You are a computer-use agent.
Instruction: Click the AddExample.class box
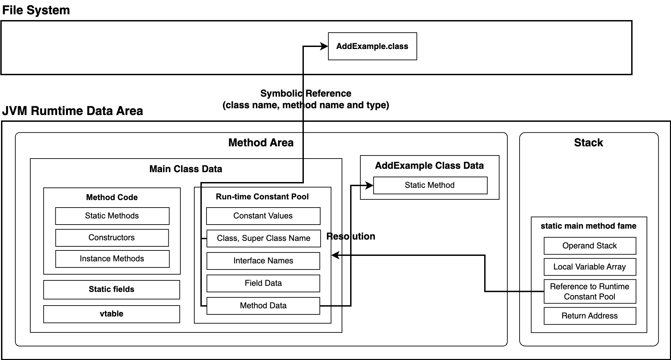pyautogui.click(x=372, y=46)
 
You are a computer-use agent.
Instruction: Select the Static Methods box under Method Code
pyautogui.click(x=112, y=216)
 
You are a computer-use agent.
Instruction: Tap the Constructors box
pyautogui.click(x=112, y=238)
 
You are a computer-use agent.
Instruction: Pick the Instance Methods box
pyautogui.click(x=112, y=259)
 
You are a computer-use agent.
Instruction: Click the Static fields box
pyautogui.click(x=112, y=290)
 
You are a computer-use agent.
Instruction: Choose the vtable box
pyautogui.click(x=112, y=314)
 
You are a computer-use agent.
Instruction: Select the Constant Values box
pyautogui.click(x=263, y=216)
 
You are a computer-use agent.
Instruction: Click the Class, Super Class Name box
pyautogui.click(x=264, y=239)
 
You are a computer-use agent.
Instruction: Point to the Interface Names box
pyautogui.click(x=263, y=261)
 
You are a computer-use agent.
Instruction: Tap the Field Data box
pyautogui.click(x=263, y=283)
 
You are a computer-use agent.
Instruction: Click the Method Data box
pyautogui.click(x=263, y=306)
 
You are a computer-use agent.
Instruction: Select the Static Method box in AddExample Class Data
pyautogui.click(x=430, y=185)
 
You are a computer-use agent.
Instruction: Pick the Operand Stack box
pyautogui.click(x=590, y=246)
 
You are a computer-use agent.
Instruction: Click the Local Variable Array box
pyautogui.click(x=590, y=267)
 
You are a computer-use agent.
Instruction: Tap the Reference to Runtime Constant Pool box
pyautogui.click(x=590, y=292)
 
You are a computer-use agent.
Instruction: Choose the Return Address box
pyautogui.click(x=590, y=316)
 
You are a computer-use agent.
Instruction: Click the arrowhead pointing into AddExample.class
pyautogui.click(x=324, y=46)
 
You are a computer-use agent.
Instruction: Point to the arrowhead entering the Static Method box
pyautogui.click(x=369, y=185)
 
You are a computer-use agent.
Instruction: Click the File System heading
pyautogui.click(x=36, y=10)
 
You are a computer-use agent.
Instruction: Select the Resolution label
pyautogui.click(x=351, y=236)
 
